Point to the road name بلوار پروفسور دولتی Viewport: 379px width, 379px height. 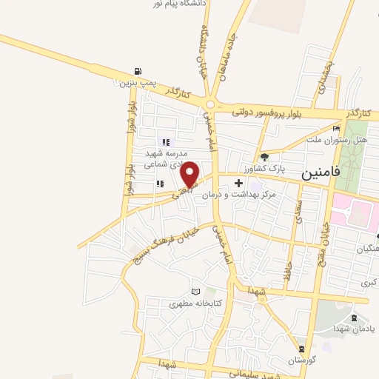264,112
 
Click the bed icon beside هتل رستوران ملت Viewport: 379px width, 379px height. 336,129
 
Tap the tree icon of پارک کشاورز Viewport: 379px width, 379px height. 264,157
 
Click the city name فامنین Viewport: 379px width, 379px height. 321,172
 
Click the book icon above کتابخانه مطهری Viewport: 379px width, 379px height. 195,291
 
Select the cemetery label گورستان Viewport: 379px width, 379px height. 301,360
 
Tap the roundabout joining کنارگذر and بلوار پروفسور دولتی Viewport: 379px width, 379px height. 210,105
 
